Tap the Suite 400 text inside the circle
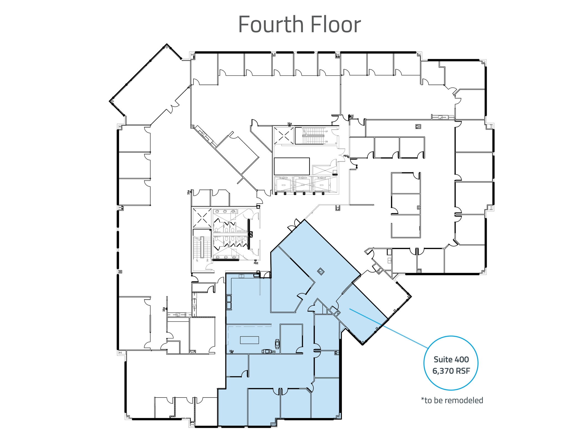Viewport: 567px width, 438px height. pos(451,359)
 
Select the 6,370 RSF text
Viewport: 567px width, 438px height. pos(451,371)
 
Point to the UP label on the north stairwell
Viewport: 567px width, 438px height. pos(326,131)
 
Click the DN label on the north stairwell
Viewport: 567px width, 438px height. pos(326,142)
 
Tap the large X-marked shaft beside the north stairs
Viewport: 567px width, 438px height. pos(284,136)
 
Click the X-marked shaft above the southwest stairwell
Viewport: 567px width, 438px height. pos(202,218)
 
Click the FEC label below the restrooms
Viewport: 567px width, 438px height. pos(256,263)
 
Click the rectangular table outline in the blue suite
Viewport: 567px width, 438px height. pos(249,340)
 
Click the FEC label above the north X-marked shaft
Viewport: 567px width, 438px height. pos(289,124)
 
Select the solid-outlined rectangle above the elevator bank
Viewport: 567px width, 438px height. pos(292,166)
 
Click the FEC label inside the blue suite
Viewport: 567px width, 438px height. pos(231,351)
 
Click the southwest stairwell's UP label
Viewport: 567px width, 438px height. pos(197,260)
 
